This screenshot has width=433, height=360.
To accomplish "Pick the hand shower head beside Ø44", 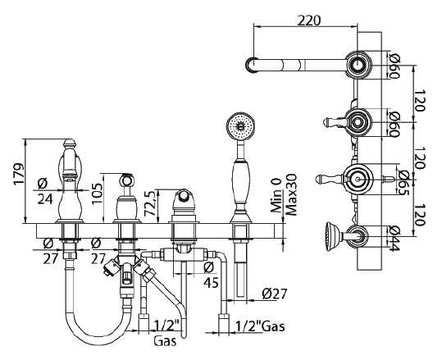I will tap(331, 236).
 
